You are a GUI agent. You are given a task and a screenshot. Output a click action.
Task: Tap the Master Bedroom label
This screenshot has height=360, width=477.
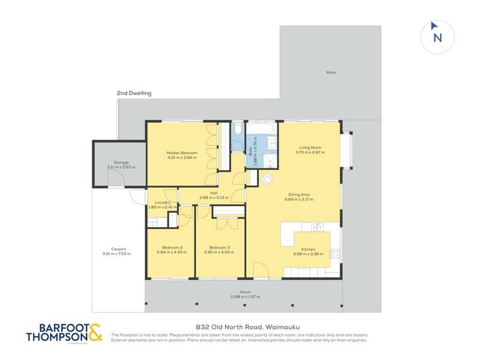[183, 153]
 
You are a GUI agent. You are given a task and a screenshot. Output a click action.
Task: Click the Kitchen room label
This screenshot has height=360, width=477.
[308, 249]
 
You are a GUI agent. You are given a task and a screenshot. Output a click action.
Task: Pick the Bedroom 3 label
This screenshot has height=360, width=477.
[219, 247]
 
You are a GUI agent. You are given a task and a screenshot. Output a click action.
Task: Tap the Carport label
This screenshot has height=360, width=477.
[118, 249]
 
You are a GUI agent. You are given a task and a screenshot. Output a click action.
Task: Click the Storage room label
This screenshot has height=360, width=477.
[121, 162]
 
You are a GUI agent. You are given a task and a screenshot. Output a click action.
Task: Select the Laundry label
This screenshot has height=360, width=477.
[162, 202]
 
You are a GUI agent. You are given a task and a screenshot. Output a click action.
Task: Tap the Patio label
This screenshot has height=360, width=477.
[331, 73]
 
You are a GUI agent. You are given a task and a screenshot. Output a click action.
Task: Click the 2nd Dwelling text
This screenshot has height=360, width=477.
[134, 93]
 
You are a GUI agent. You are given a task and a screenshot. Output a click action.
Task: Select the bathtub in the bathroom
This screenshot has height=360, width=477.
[261, 129]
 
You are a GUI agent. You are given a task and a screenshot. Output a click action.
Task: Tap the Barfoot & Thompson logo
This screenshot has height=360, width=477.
[63, 333]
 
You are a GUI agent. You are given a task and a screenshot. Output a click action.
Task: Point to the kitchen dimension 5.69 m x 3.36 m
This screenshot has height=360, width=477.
[308, 254]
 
